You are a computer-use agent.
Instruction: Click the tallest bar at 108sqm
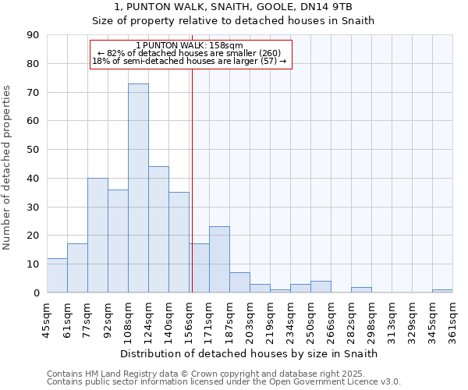[138, 188]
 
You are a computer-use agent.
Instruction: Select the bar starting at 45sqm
[57, 275]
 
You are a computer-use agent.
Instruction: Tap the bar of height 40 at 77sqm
[97, 235]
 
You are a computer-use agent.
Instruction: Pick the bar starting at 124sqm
[158, 229]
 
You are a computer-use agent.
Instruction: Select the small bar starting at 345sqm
[442, 291]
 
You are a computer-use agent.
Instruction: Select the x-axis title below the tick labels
[250, 353]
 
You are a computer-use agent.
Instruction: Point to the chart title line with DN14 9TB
[233, 7]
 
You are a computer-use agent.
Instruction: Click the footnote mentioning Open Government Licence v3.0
[224, 381]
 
